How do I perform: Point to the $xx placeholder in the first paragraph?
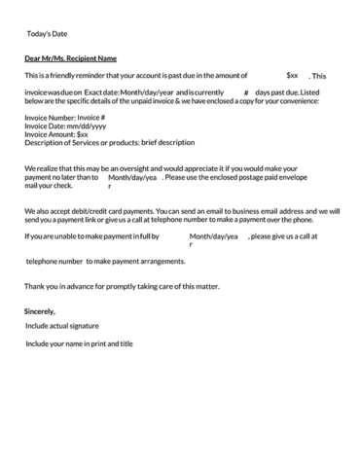point(292,74)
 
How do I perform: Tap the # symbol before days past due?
point(246,90)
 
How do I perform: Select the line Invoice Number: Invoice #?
point(64,117)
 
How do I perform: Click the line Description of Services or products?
point(109,142)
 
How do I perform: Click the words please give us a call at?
point(287,235)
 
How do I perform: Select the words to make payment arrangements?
point(129,262)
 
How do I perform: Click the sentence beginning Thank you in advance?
point(122,286)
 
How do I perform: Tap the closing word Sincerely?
point(40,310)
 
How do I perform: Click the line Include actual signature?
point(61,326)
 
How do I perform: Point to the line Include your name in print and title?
point(79,343)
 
